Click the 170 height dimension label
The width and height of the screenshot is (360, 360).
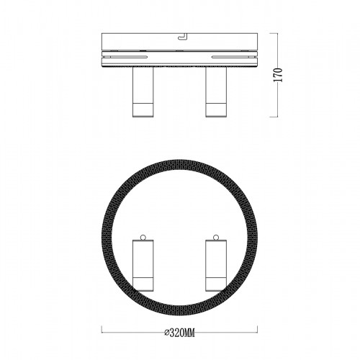pos(278,75)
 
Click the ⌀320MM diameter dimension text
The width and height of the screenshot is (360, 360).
pos(179,333)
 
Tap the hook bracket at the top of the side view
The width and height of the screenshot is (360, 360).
pos(182,36)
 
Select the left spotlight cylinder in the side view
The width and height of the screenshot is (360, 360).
pos(143,91)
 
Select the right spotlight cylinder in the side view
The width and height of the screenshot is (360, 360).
pos(216,91)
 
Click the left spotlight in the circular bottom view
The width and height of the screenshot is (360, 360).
pos(143,266)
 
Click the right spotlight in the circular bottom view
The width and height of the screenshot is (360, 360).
pos(216,266)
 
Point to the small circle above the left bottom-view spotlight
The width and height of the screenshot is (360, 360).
pos(143,238)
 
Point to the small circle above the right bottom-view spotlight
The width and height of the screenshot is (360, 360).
pos(216,238)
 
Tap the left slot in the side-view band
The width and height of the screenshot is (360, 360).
pos(125,57)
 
